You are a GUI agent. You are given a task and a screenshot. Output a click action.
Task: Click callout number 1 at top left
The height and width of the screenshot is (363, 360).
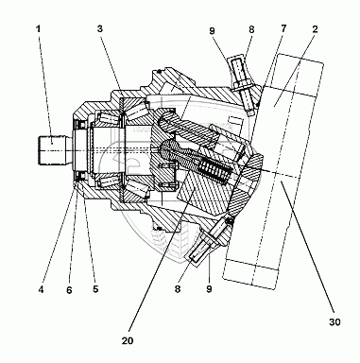pos(38,29)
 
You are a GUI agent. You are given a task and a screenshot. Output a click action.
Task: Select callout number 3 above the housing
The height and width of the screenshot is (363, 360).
pos(100,29)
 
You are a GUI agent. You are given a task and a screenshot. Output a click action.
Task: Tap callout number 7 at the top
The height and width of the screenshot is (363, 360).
pos(283,28)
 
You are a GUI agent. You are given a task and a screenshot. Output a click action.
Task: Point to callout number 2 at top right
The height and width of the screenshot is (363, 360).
pos(315,29)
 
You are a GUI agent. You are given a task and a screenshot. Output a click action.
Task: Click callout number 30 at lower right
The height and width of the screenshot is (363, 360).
pos(334,322)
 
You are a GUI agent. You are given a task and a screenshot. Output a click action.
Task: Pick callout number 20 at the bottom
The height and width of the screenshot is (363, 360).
pos(128,340)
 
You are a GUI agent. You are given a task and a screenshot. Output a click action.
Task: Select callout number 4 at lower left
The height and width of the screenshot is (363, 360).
pos(41,289)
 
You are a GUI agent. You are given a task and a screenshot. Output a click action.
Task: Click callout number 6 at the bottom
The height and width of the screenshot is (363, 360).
pos(69,290)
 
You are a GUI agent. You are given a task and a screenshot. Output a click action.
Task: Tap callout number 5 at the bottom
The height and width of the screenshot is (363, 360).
pos(95,288)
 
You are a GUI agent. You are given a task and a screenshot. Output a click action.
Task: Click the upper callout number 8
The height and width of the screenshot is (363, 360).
pos(251,29)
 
